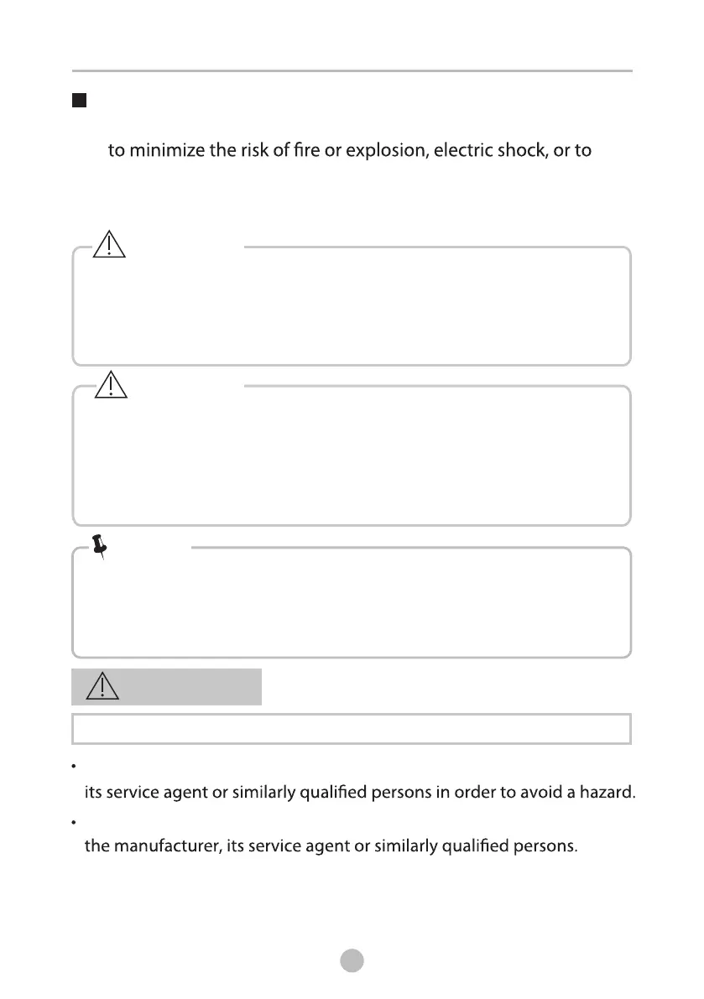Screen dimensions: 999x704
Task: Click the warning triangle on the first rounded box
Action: (x=110, y=244)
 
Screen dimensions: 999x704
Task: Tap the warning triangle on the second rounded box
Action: (x=110, y=383)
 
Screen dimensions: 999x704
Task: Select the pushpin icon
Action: (x=102, y=548)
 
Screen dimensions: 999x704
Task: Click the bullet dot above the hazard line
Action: (x=76, y=767)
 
